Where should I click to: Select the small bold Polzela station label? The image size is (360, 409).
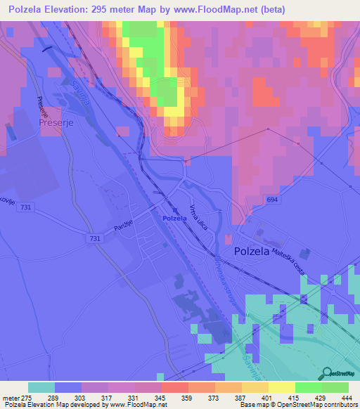pos(174,219)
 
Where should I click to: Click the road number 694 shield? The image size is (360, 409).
pos(251,201)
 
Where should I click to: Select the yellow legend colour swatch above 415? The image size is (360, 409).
pos(282,387)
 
